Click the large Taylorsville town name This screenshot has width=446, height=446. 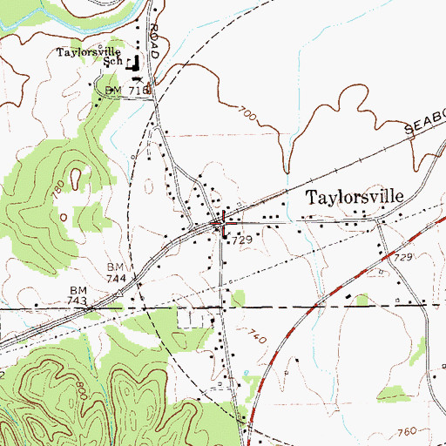click(355, 197)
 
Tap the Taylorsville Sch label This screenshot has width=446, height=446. click(91, 56)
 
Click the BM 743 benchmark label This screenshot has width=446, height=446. click(77, 294)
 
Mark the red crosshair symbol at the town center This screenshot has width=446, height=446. click(225, 222)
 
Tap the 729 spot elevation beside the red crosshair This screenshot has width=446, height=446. click(242, 239)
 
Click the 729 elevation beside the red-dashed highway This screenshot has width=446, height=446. click(378, 260)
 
